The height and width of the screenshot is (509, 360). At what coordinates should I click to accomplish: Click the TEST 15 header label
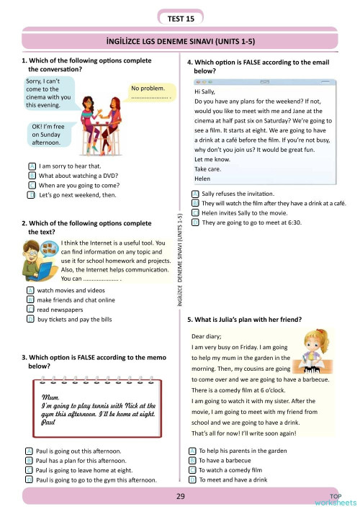(x=179, y=17)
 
